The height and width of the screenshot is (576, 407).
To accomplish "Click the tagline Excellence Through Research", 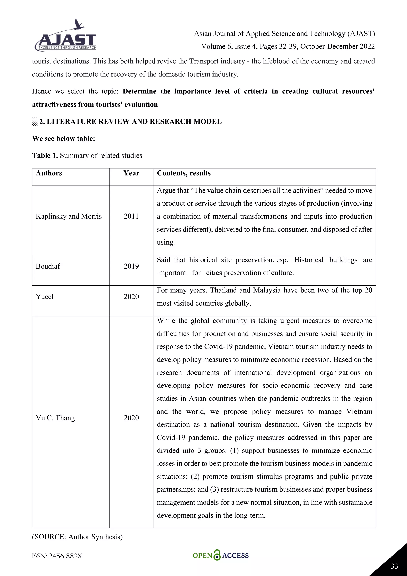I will coord(67,48).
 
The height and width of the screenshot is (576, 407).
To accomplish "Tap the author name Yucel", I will coord(45,297).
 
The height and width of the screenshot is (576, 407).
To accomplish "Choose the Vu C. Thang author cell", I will coord(55,418).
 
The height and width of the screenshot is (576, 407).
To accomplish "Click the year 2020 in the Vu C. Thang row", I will coord(131,418).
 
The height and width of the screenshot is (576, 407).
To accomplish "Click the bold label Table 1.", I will coord(45,156).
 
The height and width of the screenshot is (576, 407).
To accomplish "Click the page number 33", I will coord(394,566).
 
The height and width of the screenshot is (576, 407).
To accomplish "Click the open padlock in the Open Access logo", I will coord(217,555).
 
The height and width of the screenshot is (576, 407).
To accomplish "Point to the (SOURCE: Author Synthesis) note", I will coord(77,537).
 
